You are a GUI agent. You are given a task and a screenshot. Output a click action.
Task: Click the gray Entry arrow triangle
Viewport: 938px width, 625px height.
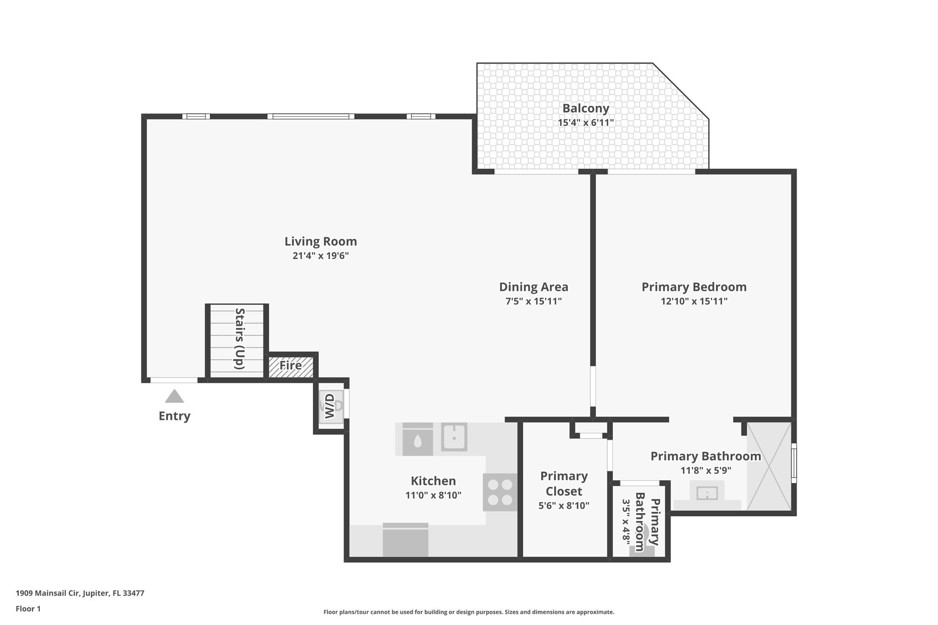(174, 397)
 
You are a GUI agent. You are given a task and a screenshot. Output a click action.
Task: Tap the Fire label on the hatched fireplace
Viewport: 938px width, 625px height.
(290, 365)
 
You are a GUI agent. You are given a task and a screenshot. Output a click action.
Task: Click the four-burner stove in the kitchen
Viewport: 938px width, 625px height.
(500, 492)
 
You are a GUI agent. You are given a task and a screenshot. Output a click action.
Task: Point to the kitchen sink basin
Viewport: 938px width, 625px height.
(454, 437)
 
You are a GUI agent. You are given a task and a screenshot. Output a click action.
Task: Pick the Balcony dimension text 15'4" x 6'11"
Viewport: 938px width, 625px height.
(585, 123)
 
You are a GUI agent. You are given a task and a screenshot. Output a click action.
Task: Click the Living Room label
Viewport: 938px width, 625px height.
(321, 241)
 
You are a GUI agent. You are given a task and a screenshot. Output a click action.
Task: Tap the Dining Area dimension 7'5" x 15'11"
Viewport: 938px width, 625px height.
(533, 301)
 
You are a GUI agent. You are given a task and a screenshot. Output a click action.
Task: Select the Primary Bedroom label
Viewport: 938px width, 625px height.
(693, 287)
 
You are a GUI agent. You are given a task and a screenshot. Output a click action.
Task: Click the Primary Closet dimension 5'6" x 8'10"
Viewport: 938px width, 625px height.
(563, 505)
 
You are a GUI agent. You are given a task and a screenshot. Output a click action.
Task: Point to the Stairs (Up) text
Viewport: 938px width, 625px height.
(240, 338)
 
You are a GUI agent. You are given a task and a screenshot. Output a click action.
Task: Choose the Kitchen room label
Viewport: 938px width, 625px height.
(433, 481)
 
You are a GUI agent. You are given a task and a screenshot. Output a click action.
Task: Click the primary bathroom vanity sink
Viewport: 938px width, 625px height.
(707, 494)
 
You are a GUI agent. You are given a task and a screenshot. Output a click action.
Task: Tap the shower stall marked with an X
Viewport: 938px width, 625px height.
(769, 466)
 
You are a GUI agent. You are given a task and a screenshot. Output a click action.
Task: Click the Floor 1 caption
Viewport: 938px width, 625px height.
(28, 609)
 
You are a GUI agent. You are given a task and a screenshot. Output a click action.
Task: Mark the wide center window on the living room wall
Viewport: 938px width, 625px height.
(311, 116)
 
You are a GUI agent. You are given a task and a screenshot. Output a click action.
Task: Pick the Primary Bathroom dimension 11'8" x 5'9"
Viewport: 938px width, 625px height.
(705, 470)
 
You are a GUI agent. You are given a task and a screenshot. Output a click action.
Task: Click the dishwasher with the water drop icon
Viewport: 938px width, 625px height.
(417, 440)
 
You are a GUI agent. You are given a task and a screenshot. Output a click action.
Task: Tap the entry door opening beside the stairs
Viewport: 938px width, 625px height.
(174, 380)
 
